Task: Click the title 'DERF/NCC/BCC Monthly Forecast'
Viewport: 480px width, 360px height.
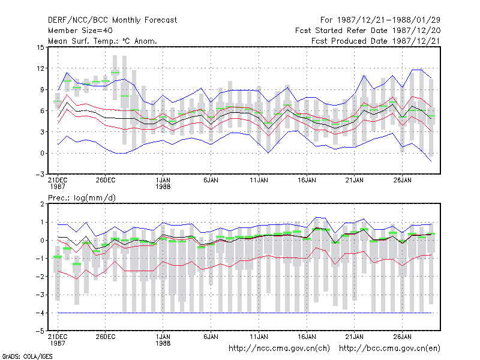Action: pyautogui.click(x=112, y=20)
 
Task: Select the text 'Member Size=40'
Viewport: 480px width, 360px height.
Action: pyautogui.click(x=80, y=31)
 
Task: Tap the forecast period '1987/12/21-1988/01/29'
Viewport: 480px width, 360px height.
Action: pyautogui.click(x=388, y=20)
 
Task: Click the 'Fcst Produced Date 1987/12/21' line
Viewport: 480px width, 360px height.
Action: pyautogui.click(x=376, y=41)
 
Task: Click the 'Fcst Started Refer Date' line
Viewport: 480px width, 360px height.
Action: pyautogui.click(x=368, y=31)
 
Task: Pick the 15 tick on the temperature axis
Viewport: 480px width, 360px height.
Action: pyautogui.click(x=40, y=47)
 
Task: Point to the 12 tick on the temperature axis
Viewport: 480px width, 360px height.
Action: pyautogui.click(x=40, y=68)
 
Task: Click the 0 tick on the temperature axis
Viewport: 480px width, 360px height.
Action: pyautogui.click(x=42, y=153)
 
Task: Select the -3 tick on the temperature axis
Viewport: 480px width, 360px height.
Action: pyautogui.click(x=40, y=174)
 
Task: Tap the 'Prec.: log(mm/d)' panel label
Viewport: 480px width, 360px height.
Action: pyautogui.click(x=82, y=198)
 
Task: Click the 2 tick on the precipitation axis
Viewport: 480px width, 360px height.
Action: pyautogui.click(x=42, y=204)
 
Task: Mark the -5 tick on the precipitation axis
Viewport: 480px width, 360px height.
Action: pyautogui.click(x=40, y=331)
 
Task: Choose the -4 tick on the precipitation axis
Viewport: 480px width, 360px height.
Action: pyautogui.click(x=40, y=313)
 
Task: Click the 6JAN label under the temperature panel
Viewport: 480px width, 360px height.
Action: pyautogui.click(x=211, y=181)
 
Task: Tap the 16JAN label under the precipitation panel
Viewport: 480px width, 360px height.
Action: pyautogui.click(x=307, y=337)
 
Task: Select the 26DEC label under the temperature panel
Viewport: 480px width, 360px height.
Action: pyautogui.click(x=106, y=181)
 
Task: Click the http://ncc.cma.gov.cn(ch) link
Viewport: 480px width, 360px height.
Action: pyautogui.click(x=279, y=349)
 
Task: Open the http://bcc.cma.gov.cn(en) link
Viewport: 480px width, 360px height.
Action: pyautogui.click(x=389, y=349)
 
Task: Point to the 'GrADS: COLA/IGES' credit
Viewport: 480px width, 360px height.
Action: pyautogui.click(x=27, y=356)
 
